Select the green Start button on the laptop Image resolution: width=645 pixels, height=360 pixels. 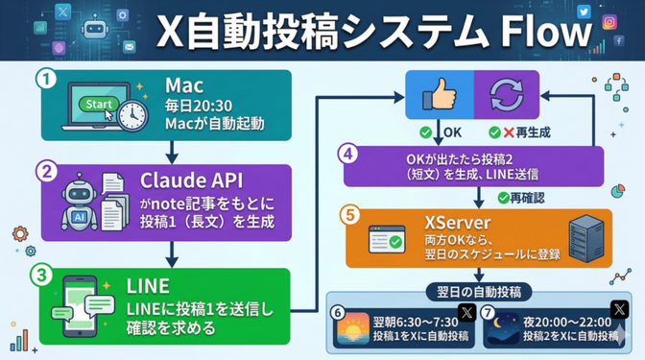point(99,103)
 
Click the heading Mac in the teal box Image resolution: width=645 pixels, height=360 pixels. point(182,84)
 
